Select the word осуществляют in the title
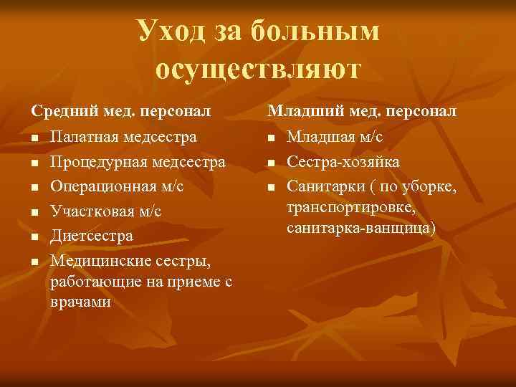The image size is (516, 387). point(259,70)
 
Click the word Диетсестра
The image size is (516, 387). point(92,235)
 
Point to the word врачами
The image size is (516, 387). point(81,302)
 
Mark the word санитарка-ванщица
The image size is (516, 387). point(361,229)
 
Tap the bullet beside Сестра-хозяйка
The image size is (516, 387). point(270,163)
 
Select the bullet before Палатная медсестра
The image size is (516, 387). point(34,138)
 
